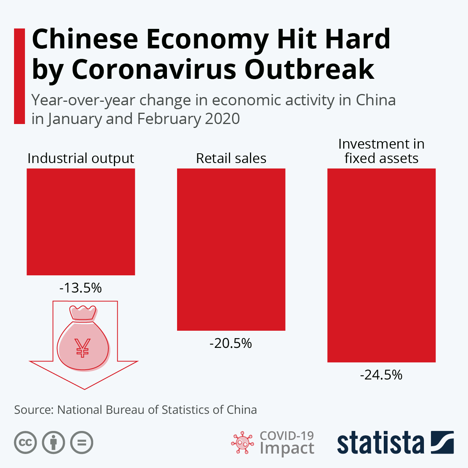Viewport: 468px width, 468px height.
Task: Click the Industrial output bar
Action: pyautogui.click(x=81, y=222)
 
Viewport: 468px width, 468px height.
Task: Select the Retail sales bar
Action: pyautogui.click(x=231, y=250)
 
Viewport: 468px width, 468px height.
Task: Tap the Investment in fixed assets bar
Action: pyautogui.click(x=381, y=265)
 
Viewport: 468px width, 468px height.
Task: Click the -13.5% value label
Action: pyautogui.click(x=81, y=288)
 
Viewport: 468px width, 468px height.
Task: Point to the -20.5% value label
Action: pyautogui.click(x=231, y=343)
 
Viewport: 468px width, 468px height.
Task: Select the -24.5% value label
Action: pyautogui.click(x=381, y=375)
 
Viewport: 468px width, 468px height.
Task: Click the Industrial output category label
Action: pyautogui.click(x=81, y=158)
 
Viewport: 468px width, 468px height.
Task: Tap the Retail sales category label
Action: pyautogui.click(x=231, y=158)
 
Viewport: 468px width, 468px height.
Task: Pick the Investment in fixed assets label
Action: pyautogui.click(x=381, y=151)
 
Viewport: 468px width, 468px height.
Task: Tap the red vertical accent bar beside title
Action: pyautogui.click(x=19, y=76)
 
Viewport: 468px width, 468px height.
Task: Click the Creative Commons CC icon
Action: pyautogui.click(x=25, y=443)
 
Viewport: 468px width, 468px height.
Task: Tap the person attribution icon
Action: pyautogui.click(x=53, y=443)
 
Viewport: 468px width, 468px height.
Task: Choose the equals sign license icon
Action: pyautogui.click(x=82, y=443)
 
